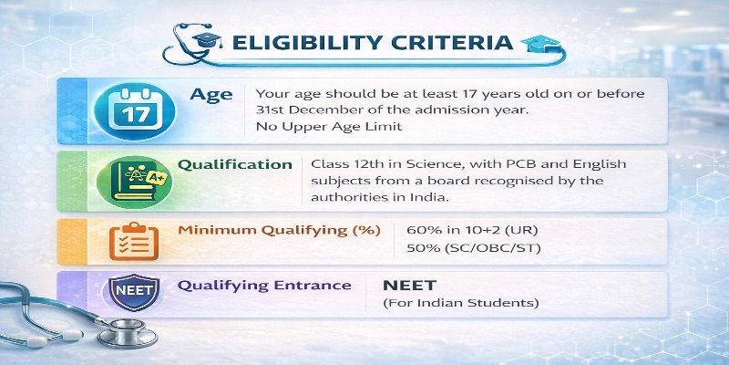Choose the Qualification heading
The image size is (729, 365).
pos(235,165)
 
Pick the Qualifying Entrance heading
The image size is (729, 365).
pos(264,285)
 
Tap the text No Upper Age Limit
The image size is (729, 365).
pos(315,127)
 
